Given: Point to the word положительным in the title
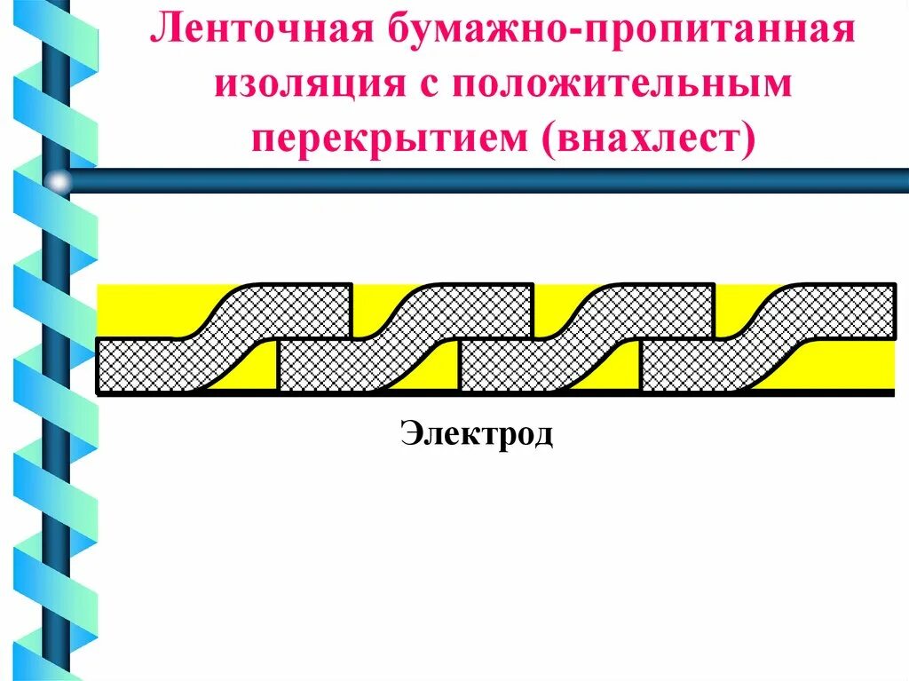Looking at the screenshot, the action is pyautogui.click(x=622, y=86).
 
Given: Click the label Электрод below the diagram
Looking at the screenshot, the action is pyautogui.click(x=477, y=434).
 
